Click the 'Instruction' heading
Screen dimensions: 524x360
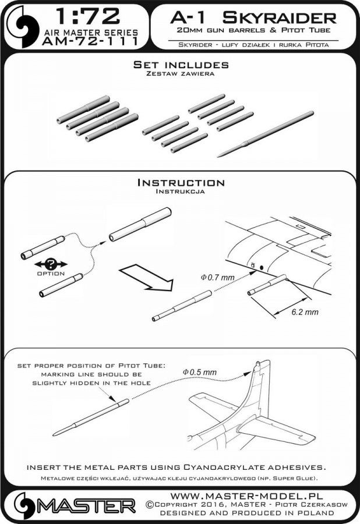click(x=180, y=183)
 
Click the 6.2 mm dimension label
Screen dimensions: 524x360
click(x=304, y=313)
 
